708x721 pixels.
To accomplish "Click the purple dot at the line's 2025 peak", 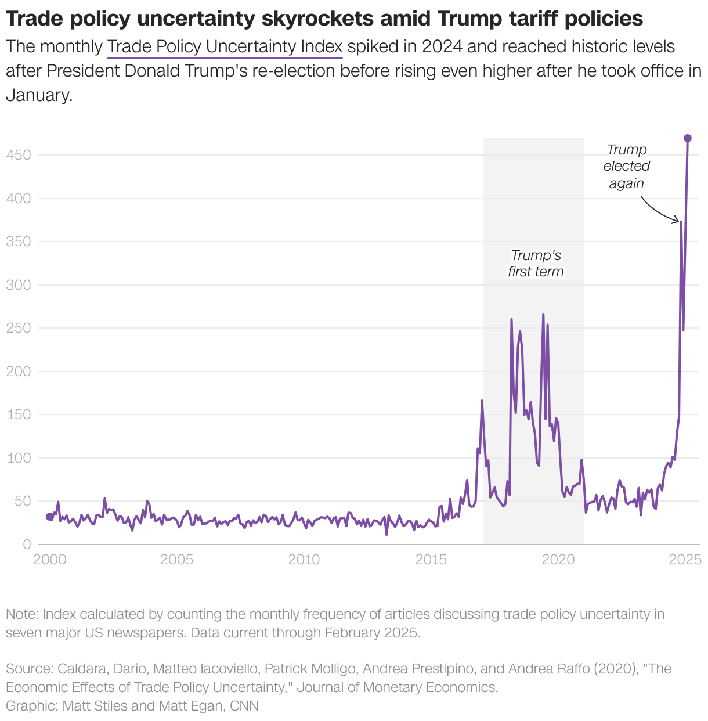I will [687, 138].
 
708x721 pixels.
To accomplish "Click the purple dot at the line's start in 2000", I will [49, 517].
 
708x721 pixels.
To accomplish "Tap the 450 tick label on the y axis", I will [19, 155].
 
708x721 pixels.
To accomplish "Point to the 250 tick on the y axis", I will [19, 328].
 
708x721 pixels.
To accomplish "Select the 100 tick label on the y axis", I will [19, 458].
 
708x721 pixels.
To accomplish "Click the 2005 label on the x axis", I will [176, 560].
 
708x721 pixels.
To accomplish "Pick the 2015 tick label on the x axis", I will [431, 560].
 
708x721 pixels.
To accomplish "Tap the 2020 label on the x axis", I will [558, 560].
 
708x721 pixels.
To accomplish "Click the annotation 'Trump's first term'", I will [536, 264].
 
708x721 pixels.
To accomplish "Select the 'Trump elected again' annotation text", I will [626, 167].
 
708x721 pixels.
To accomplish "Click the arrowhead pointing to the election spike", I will [677, 221].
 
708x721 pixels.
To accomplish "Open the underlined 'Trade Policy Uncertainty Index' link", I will [225, 46].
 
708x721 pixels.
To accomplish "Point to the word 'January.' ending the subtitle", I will [39, 95].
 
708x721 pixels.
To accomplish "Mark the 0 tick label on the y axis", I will [27, 545].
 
